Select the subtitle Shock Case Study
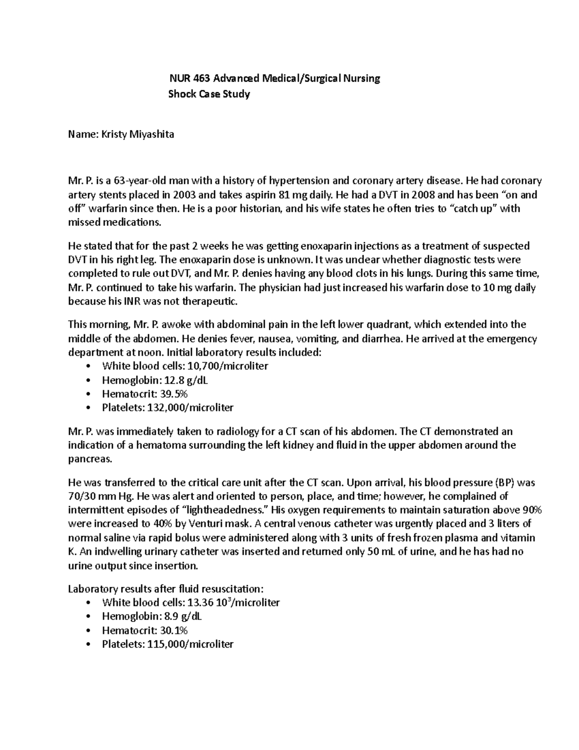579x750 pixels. pos(208,94)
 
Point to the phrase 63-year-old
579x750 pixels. pos(140,181)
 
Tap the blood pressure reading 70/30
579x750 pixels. pos(81,496)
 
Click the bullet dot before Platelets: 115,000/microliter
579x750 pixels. pos(87,645)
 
